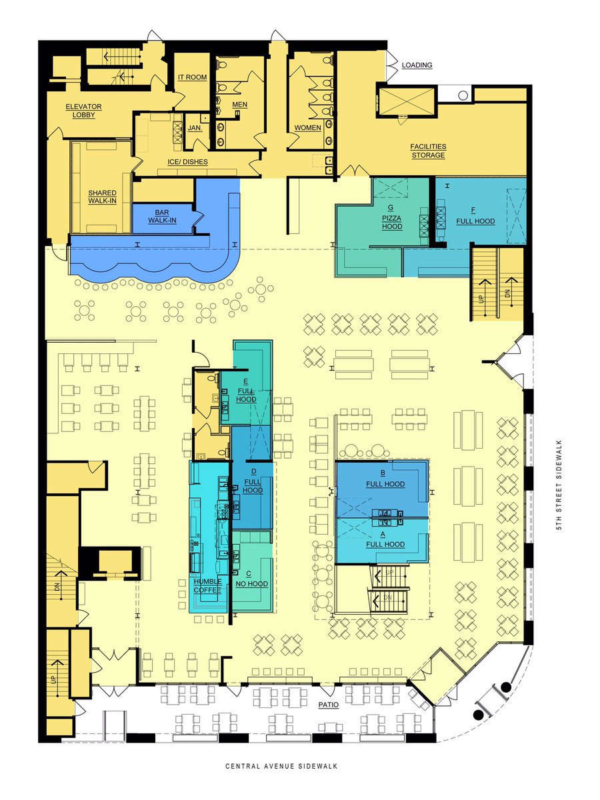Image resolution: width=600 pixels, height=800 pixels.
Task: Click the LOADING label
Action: pyautogui.click(x=417, y=65)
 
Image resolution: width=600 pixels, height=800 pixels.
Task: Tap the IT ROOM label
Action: pyautogui.click(x=193, y=77)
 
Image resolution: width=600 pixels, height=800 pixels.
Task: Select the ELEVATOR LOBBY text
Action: pyautogui.click(x=83, y=111)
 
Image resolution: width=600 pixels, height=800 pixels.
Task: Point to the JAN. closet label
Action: pyautogui.click(x=195, y=128)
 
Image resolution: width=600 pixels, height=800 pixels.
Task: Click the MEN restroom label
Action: pyautogui.click(x=240, y=105)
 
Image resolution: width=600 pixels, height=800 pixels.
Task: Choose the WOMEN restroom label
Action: pyautogui.click(x=307, y=128)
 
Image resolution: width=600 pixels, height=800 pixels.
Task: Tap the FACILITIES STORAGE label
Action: pyautogui.click(x=428, y=151)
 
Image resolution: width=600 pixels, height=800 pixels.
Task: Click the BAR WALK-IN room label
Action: pyautogui.click(x=162, y=217)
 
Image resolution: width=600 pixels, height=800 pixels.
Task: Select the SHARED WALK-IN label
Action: pyautogui.click(x=103, y=197)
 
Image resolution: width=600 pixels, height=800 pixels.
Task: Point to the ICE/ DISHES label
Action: pyautogui.click(x=187, y=162)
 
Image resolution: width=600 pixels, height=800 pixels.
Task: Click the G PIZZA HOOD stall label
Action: pyautogui.click(x=391, y=217)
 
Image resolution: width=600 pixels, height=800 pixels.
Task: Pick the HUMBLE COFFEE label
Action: pyautogui.click(x=207, y=586)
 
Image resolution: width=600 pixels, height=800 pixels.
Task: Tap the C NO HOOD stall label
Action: pyautogui.click(x=251, y=579)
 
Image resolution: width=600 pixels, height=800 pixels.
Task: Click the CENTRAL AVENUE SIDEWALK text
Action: pyautogui.click(x=281, y=766)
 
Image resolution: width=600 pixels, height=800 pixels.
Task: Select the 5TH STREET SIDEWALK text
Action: pyautogui.click(x=560, y=485)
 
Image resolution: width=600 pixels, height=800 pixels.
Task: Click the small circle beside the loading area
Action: pyautogui.click(x=463, y=95)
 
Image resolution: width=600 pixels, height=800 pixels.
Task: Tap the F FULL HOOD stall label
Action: pyautogui.click(x=475, y=216)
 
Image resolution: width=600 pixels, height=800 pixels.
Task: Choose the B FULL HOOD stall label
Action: pyautogui.click(x=385, y=479)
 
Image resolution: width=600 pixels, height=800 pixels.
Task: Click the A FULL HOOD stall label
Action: pyautogui.click(x=385, y=540)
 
